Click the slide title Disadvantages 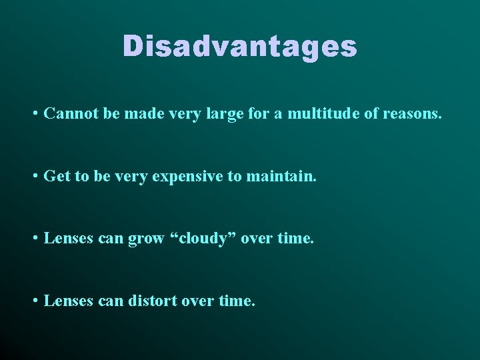[x=240, y=47]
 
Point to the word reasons [x=412, y=114]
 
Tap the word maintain [x=282, y=177]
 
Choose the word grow [x=146, y=239]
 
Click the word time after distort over [x=236, y=301]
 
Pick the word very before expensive [x=136, y=177]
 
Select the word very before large [x=191, y=114]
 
